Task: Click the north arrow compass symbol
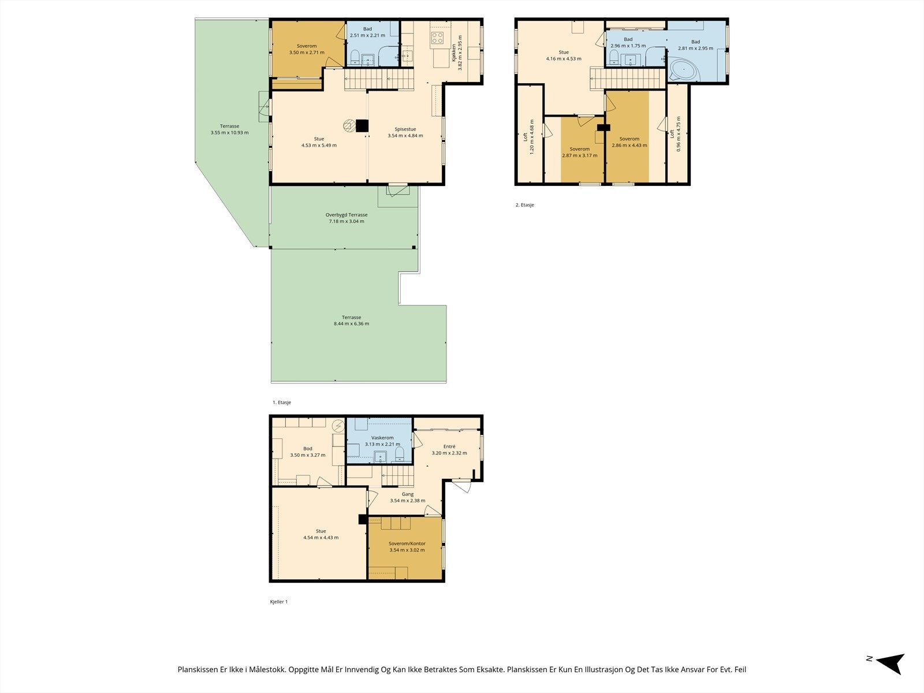pyautogui.click(x=891, y=664)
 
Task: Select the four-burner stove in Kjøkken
pyautogui.click(x=437, y=38)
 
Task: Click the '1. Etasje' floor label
pyautogui.click(x=282, y=403)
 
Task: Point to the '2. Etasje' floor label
pyautogui.click(x=524, y=205)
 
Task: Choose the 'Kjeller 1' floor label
pyautogui.click(x=279, y=602)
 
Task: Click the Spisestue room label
pyautogui.click(x=405, y=129)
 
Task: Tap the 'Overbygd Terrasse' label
pyautogui.click(x=346, y=215)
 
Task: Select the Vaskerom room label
pyautogui.click(x=382, y=438)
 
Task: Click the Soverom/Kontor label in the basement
pyautogui.click(x=407, y=543)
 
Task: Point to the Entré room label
pyautogui.click(x=449, y=446)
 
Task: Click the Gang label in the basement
pyautogui.click(x=408, y=494)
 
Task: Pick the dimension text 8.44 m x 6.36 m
pyautogui.click(x=352, y=323)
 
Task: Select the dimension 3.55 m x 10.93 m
pyautogui.click(x=229, y=133)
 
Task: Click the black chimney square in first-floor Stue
pyautogui.click(x=362, y=126)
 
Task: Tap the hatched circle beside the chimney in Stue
pyautogui.click(x=349, y=126)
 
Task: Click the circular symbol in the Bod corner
pyautogui.click(x=338, y=426)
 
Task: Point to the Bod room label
pyautogui.click(x=308, y=449)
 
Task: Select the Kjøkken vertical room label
pyautogui.click(x=454, y=53)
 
